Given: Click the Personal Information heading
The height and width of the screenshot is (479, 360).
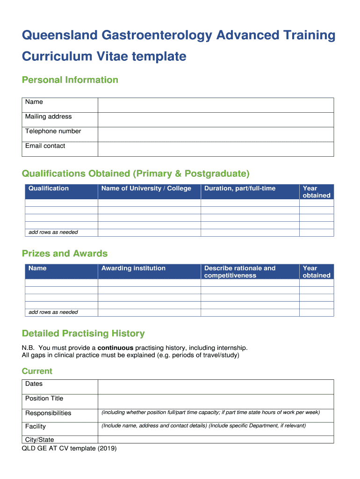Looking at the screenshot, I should point(70,80).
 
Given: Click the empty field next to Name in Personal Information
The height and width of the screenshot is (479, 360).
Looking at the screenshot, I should point(216,105).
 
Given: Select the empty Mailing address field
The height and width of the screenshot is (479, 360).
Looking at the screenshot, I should point(216,119).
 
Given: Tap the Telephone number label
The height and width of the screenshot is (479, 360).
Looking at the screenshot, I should point(53,131).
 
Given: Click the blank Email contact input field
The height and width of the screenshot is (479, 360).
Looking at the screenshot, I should point(216,149).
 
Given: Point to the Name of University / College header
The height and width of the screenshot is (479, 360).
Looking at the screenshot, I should point(146,189).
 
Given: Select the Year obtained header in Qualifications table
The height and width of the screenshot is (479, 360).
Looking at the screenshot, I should point(316,192).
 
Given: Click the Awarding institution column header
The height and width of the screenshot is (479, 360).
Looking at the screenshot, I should point(133,269).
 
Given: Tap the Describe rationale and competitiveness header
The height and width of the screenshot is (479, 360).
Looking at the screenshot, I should point(240,272).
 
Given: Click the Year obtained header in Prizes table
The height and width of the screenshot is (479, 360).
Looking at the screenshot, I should point(316,272).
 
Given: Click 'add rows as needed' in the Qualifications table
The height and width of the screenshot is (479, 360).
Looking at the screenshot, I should point(53,232).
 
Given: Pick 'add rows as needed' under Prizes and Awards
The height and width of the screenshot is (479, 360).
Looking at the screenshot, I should point(53,312).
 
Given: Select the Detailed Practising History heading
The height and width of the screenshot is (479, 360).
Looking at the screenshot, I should point(83,334).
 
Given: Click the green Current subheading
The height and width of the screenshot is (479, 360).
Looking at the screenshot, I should point(37,371).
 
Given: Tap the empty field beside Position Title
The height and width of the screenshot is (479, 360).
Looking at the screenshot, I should point(216,401).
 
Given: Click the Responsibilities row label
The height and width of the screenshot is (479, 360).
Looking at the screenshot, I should point(48,413).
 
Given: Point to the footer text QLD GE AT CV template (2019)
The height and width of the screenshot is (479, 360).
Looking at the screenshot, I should point(69,449).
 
